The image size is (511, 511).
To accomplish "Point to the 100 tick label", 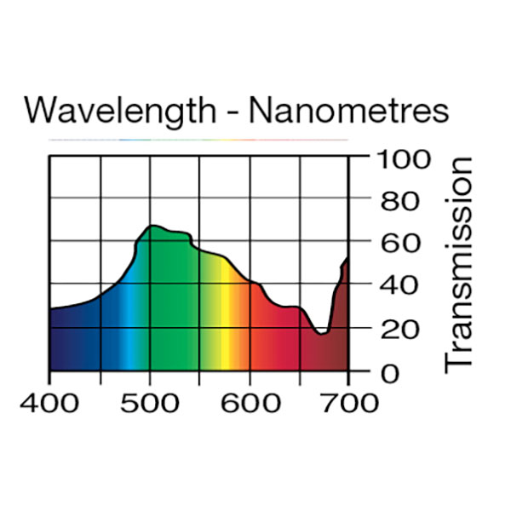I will [x=401, y=159].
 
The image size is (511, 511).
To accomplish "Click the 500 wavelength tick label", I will [x=151, y=402].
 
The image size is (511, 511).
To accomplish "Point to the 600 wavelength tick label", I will [x=250, y=402].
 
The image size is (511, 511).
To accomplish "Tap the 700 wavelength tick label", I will [x=348, y=402].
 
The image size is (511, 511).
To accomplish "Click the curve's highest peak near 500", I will [x=152, y=226].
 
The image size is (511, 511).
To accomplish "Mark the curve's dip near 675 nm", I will [x=321, y=333].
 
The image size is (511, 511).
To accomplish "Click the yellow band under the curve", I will [x=226, y=324].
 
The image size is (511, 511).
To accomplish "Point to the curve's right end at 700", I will [x=347, y=258].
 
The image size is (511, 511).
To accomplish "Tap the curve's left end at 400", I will [x=50, y=309].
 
